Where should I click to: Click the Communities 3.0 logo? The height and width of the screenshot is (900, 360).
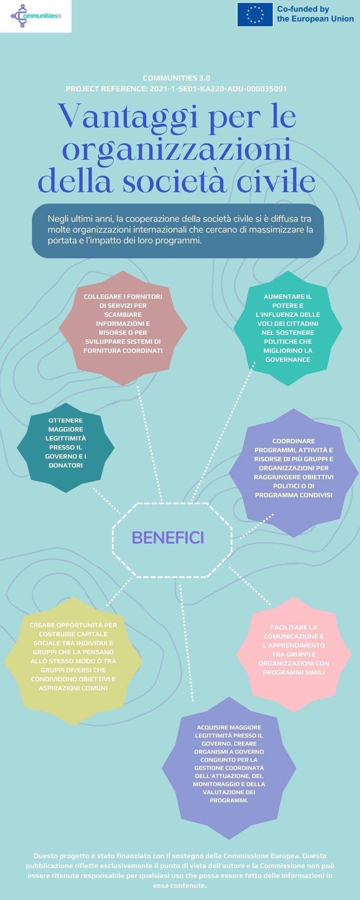tap(36, 16)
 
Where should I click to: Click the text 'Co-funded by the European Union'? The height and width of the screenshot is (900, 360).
tap(315, 14)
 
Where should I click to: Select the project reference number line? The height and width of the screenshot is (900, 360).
tap(176, 89)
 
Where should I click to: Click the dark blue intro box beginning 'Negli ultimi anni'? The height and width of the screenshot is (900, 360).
tap(178, 230)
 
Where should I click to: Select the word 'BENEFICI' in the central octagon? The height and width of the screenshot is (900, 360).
tap(167, 537)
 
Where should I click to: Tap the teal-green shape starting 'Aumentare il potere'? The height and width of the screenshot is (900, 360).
tap(288, 328)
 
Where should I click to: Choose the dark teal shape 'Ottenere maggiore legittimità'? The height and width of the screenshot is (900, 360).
tap(66, 443)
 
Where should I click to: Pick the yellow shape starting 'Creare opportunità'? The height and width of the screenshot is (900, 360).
tap(73, 657)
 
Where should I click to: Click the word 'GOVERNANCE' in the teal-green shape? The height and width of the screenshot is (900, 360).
tap(288, 360)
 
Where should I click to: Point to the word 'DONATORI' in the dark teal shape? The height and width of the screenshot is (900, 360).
tap(66, 465)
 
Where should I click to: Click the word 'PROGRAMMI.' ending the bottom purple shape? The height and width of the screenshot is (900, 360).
tap(229, 801)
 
